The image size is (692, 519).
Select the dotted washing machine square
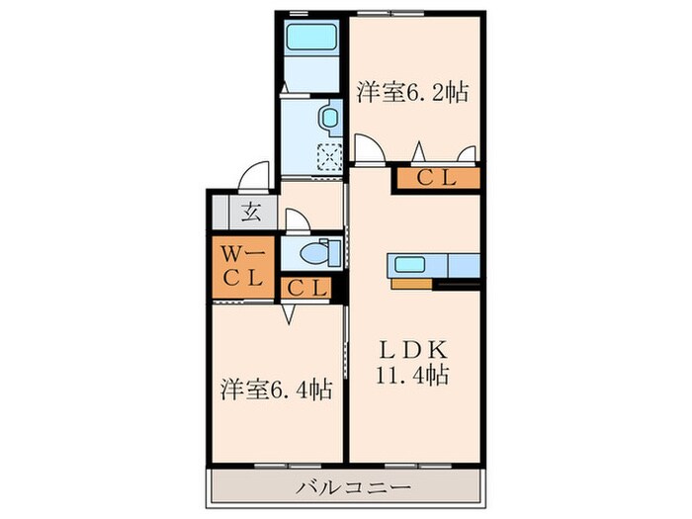point(327,154)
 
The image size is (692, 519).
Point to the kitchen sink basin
point(408,264)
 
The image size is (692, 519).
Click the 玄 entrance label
point(251,210)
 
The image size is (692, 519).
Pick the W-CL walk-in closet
point(240,265)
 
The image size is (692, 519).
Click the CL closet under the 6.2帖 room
point(436,179)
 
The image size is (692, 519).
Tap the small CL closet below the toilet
point(309,288)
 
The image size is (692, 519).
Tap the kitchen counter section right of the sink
point(463,265)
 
